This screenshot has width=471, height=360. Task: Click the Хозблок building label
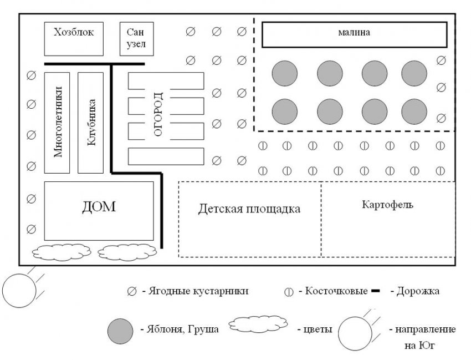click(74, 33)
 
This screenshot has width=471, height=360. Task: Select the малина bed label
click(354, 33)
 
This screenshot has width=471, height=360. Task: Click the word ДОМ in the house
click(99, 207)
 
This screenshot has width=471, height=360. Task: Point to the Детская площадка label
click(249, 209)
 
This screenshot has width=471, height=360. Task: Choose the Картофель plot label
click(388, 204)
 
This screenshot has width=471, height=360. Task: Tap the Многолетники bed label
click(57, 122)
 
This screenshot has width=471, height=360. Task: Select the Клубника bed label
click(91, 122)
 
